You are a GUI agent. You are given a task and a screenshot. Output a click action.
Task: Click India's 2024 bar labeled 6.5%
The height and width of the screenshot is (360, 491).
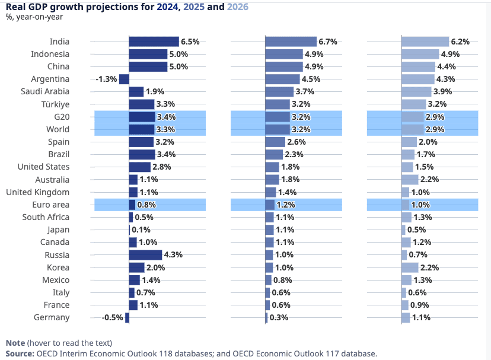[x=154, y=42]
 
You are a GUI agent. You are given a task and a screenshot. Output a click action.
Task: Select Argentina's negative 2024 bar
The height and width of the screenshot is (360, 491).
[x=124, y=79]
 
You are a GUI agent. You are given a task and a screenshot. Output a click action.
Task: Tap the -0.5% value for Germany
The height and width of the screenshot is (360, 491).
[x=113, y=318]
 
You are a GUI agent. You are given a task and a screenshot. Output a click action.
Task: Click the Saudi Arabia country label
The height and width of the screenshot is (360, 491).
[x=45, y=91]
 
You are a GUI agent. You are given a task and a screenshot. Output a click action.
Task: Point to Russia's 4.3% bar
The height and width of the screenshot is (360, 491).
[x=145, y=255]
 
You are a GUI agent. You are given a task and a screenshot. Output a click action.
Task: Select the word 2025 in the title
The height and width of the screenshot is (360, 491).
[x=195, y=7]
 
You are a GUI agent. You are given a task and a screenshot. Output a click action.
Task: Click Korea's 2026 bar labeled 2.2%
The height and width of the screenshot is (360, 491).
[x=410, y=267]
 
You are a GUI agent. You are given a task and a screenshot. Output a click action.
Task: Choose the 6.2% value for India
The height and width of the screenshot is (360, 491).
[x=460, y=42]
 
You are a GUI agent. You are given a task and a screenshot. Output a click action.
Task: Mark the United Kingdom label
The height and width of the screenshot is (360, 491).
[x=37, y=192]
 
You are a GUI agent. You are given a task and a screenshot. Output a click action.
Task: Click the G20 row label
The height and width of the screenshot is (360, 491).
[x=61, y=117]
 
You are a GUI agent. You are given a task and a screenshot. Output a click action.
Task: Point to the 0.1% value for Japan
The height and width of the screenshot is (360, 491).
[x=141, y=230]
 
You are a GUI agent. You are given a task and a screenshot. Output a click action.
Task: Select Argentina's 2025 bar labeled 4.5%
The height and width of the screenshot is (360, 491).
[x=282, y=79]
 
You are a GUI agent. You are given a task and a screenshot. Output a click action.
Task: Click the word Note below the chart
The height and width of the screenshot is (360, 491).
[x=15, y=343]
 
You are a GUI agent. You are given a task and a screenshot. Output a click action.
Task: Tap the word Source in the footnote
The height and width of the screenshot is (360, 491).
[x=20, y=353]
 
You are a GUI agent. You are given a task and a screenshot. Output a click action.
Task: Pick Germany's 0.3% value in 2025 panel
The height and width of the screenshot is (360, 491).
[x=279, y=318]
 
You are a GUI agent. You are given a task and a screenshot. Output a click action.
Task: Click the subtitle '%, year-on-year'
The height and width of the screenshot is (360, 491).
[x=34, y=17]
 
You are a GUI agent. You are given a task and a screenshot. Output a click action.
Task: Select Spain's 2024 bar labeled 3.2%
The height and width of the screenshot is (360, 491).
[x=141, y=142]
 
